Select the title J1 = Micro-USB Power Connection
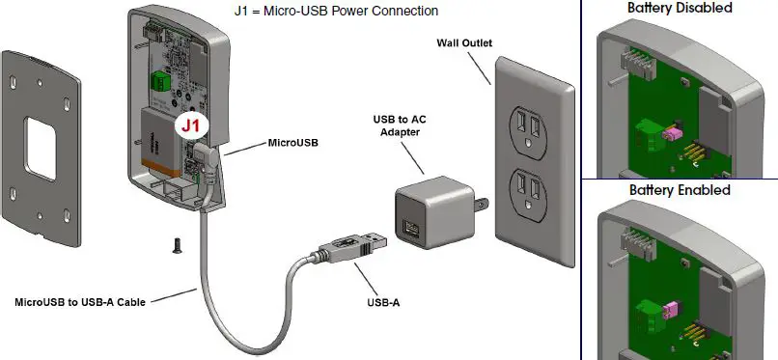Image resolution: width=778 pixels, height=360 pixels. [x=336, y=11]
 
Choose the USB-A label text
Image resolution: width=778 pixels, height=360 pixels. [x=383, y=302]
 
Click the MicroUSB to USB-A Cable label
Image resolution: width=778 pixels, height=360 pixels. [x=80, y=302]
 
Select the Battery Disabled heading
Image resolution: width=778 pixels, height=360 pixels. [x=680, y=8]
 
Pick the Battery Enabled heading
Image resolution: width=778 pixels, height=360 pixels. [x=680, y=190]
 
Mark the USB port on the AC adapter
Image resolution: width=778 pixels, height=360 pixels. [x=412, y=232]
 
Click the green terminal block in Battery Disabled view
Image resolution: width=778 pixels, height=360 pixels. [x=646, y=134]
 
